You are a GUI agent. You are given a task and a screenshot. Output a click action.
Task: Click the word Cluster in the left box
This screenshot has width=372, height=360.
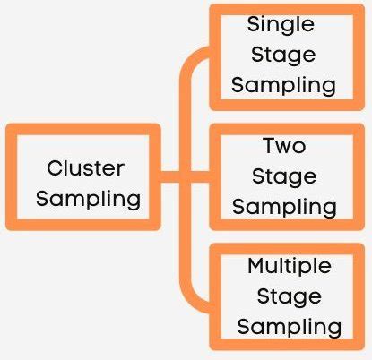[x=85, y=167]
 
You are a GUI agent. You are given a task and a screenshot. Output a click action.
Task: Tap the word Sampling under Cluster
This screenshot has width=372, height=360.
[x=88, y=198]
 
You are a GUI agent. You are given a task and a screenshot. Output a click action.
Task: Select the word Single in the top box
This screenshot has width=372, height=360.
[x=281, y=24]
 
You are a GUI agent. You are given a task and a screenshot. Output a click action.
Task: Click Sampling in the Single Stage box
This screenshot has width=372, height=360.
[x=284, y=85]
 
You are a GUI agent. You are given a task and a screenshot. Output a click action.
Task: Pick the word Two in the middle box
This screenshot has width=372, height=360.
[x=284, y=144]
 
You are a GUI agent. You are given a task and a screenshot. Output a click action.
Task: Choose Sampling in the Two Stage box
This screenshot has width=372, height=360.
[x=284, y=206]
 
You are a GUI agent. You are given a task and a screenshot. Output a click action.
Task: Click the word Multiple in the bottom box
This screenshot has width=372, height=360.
[x=289, y=266]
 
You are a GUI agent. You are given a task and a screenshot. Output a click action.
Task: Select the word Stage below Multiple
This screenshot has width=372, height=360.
[x=288, y=296]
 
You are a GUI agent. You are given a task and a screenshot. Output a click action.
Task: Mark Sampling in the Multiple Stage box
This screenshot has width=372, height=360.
[x=289, y=326]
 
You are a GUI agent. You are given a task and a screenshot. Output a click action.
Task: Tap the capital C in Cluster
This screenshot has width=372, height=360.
[x=55, y=167]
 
